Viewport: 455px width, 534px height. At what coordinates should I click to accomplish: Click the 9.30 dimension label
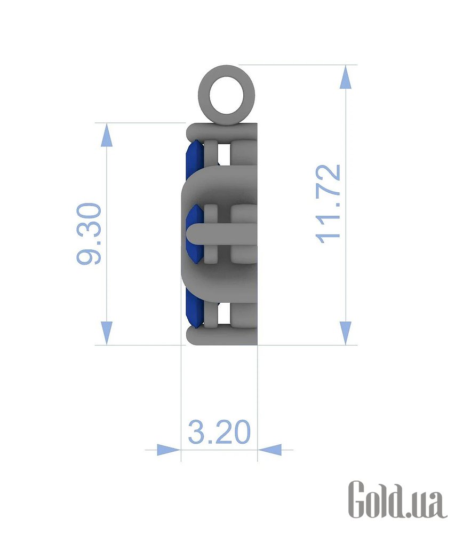[89, 234]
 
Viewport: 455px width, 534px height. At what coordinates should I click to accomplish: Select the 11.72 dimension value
[329, 204]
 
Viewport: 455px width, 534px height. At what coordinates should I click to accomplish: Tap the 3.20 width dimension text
[219, 432]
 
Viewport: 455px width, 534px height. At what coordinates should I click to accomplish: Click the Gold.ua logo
[397, 499]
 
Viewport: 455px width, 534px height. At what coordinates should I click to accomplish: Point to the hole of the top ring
[227, 95]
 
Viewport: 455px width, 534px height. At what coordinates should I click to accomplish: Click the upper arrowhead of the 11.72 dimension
[346, 77]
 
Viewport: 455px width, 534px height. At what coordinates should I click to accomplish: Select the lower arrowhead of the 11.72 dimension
[346, 333]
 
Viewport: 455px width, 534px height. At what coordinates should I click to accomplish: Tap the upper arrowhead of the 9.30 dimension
[107, 135]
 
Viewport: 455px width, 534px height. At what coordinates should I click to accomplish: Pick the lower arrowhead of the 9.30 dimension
[107, 333]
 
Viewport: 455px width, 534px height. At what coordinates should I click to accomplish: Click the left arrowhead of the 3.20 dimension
[169, 450]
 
